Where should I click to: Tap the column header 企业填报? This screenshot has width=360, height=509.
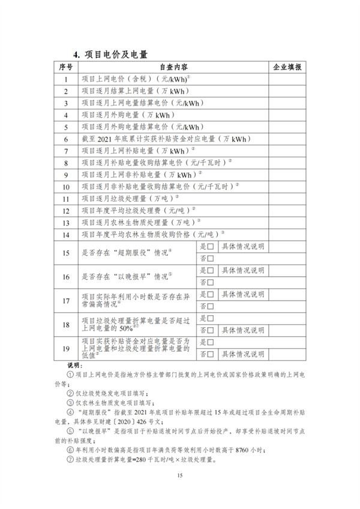[287, 67]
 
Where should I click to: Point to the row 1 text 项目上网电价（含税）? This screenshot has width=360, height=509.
[117, 79]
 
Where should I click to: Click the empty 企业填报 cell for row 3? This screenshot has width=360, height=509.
[287, 103]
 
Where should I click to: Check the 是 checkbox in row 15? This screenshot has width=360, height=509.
[211, 247]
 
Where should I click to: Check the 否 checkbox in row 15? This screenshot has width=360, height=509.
[211, 258]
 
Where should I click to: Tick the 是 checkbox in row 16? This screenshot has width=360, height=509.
[211, 271]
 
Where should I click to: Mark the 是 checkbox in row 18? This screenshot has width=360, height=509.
[211, 318]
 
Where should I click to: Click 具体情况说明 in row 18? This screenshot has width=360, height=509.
[243, 330]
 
